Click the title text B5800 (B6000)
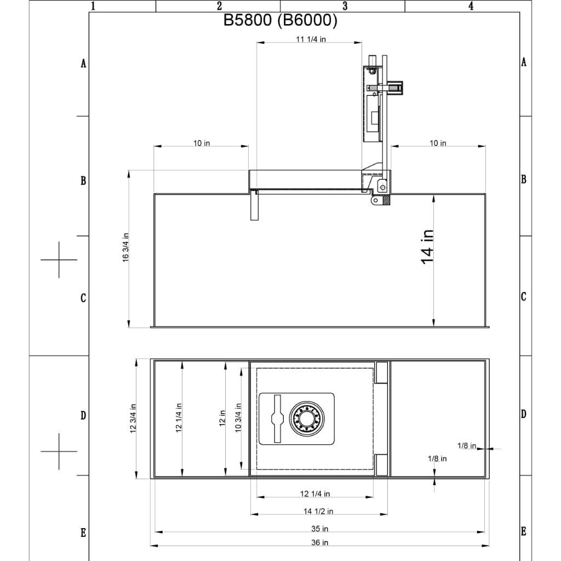pyautogui.click(x=280, y=21)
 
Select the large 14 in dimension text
pyautogui.click(x=427, y=246)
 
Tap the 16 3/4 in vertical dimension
pyautogui.click(x=125, y=248)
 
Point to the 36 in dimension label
pyautogui.click(x=319, y=542)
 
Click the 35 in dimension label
pyautogui.click(x=319, y=529)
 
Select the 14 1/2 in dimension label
pyautogui.click(x=318, y=511)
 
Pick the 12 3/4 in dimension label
pyautogui.click(x=133, y=418)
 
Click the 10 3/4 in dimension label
pyautogui.click(x=238, y=418)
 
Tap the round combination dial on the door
pyautogui.click(x=306, y=419)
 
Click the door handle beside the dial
pyautogui.click(x=277, y=419)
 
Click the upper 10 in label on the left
pyautogui.click(x=201, y=144)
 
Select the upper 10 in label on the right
pyautogui.click(x=437, y=144)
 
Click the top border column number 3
pyautogui.click(x=345, y=6)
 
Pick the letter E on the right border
pyautogui.click(x=524, y=531)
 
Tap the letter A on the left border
pyautogui.click(x=83, y=64)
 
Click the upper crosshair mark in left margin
pyautogui.click(x=59, y=259)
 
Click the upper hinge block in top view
pyautogui.click(x=381, y=372)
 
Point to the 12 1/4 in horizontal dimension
pyautogui.click(x=315, y=494)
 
